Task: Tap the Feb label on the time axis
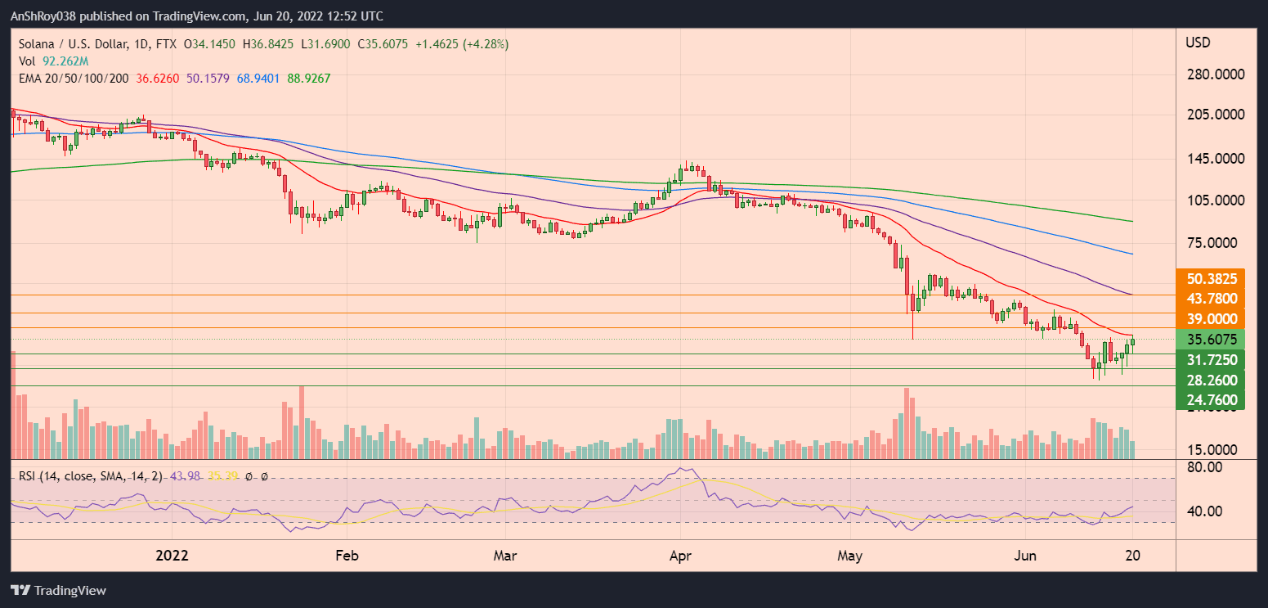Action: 347,556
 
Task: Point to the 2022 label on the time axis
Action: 172,556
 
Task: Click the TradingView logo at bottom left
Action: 59,590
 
